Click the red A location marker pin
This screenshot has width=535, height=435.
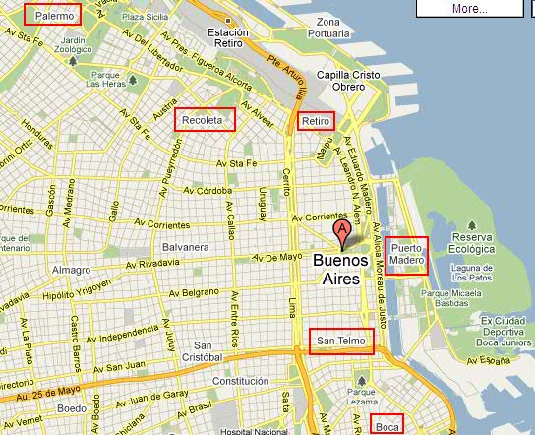coord(341,233)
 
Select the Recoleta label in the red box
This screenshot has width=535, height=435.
coord(206,120)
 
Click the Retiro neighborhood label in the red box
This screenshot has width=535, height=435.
coord(316,121)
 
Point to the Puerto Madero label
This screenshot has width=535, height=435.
coord(407,255)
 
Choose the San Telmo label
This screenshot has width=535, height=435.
coord(341,342)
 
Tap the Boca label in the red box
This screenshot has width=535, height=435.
coord(387,426)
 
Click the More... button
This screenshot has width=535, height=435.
coord(470,8)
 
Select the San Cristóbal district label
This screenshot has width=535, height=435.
coord(209,351)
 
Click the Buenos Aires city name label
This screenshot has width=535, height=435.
coord(341,270)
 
